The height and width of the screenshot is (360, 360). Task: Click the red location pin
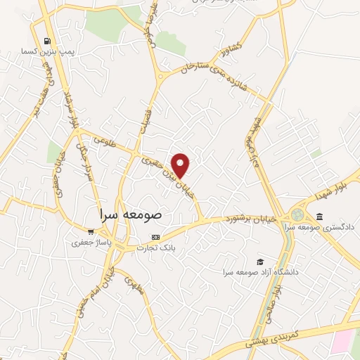coord(181,165)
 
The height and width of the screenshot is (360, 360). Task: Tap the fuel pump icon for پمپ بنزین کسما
coord(47,41)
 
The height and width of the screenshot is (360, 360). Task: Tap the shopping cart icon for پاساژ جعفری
coord(90,231)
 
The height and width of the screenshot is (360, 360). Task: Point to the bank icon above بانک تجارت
coord(155,237)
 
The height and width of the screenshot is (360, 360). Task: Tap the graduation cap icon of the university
coord(261,261)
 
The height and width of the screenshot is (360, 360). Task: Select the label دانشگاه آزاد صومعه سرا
coord(261,272)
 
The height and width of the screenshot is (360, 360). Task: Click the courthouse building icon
coord(320,216)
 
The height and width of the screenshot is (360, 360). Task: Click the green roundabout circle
coord(297,213)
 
